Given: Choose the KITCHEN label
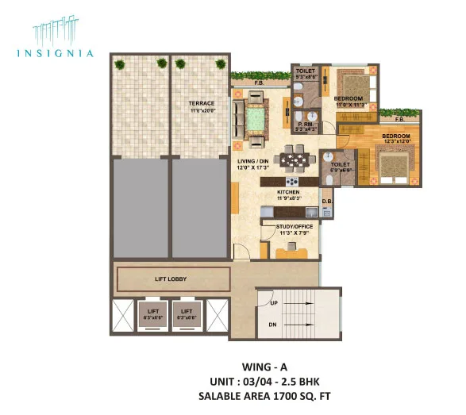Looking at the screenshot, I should (287, 192).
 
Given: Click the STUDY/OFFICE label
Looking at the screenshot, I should (295, 226).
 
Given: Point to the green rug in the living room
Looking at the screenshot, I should (257, 115).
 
